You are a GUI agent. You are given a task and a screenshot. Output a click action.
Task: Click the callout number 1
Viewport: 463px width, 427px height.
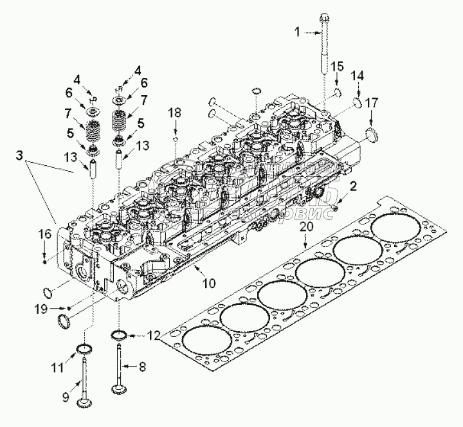(x=297, y=30)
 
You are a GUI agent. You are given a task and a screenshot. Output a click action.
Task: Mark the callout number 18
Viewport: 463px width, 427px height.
(x=174, y=113)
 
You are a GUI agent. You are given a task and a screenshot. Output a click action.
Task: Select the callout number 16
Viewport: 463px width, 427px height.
(x=44, y=233)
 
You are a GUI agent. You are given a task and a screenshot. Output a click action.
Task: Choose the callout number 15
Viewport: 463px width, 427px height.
(x=338, y=67)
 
